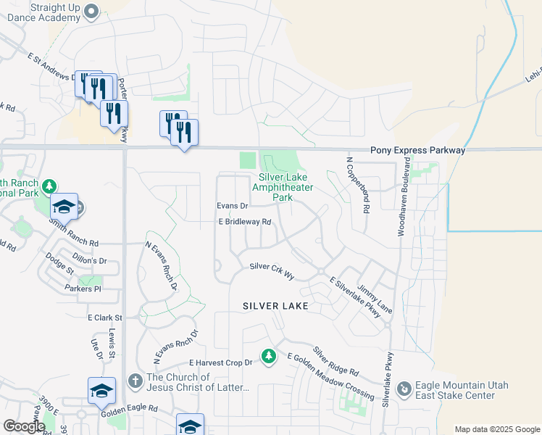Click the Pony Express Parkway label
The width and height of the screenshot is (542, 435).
(x=417, y=150)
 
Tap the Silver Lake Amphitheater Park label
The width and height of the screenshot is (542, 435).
(x=283, y=187)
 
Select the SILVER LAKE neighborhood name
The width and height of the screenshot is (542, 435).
(x=275, y=306)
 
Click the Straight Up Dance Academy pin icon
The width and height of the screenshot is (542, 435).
(x=91, y=11)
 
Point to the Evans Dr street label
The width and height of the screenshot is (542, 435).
(x=233, y=206)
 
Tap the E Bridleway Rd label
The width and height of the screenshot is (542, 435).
(x=245, y=222)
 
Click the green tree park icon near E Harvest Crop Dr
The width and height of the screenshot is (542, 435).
(x=269, y=355)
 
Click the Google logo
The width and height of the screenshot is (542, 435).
(x=24, y=426)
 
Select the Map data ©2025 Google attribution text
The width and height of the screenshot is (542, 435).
(x=497, y=429)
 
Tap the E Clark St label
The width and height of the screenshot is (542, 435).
(x=106, y=318)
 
